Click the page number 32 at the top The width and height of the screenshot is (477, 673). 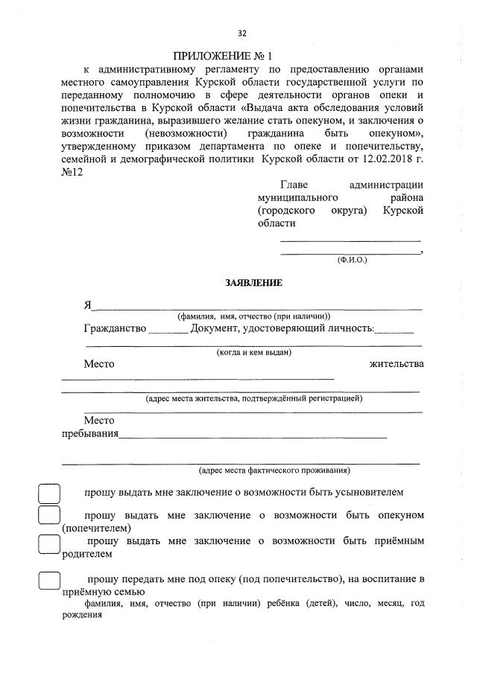tap(241, 33)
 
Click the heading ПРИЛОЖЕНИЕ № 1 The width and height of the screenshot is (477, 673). tap(223, 57)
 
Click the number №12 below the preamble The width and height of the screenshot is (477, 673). tap(72, 172)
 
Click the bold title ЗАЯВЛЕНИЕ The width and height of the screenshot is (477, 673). tap(253, 283)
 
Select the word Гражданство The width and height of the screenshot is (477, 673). tap(115, 328)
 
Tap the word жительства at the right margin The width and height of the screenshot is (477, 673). tap(397, 364)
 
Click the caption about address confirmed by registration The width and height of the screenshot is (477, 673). tap(254, 398)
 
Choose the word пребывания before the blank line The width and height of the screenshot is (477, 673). tap(89, 433)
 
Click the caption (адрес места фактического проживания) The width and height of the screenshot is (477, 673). tap(274, 471)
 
